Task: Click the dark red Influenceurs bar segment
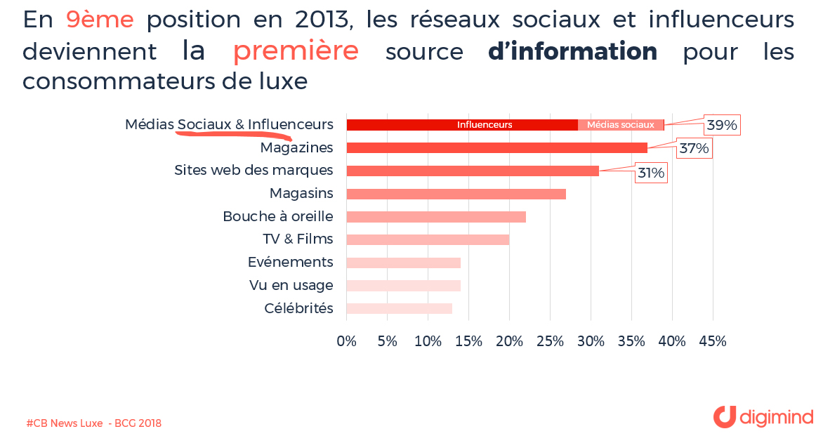coord(462,125)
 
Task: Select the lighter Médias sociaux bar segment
coord(621,125)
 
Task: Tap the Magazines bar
coord(496,147)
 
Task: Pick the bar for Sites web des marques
coord(473,171)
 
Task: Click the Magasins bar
coord(456,194)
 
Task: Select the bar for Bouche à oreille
coord(436,217)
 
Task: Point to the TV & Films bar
coord(428,240)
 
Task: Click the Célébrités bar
coord(399,308)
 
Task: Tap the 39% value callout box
coord(722,125)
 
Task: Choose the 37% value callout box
coord(694,148)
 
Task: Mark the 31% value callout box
coord(650,173)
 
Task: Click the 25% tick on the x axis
coord(550,341)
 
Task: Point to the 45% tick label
coord(713,341)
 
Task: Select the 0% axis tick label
coord(347,341)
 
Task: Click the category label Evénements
coord(290,262)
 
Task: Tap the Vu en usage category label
coord(291,285)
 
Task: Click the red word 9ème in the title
coord(99,20)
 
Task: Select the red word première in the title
coord(296,51)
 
